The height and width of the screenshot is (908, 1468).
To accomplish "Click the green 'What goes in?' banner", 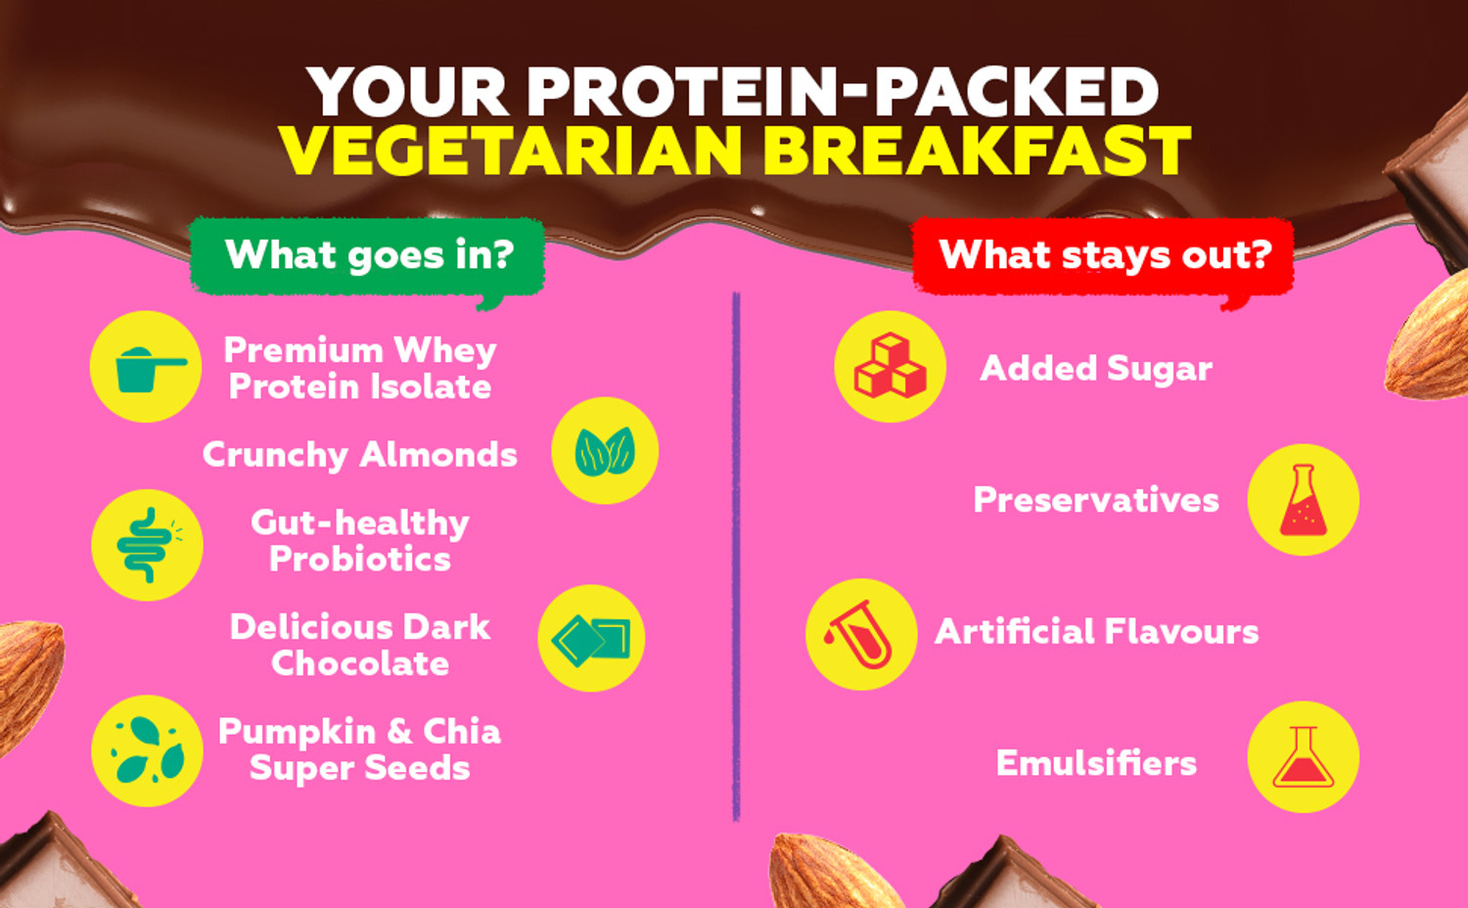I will pyautogui.click(x=368, y=255).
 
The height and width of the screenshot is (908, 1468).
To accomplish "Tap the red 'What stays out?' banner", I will pyautogui.click(x=1104, y=255).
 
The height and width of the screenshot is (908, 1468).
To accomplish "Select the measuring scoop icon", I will pyautogui.click(x=146, y=367).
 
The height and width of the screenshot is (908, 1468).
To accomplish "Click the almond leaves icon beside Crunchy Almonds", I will pyautogui.click(x=605, y=451).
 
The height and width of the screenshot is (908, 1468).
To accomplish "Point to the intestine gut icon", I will pyautogui.click(x=147, y=545).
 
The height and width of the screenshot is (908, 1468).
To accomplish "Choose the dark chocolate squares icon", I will pyautogui.click(x=591, y=639).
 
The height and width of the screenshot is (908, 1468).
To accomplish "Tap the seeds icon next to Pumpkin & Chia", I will pyautogui.click(x=147, y=750).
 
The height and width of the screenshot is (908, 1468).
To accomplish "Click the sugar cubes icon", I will pyautogui.click(x=890, y=367).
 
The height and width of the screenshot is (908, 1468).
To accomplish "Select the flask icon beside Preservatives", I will pyautogui.click(x=1303, y=500).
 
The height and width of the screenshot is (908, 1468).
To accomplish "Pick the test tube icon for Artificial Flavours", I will pyautogui.click(x=860, y=634).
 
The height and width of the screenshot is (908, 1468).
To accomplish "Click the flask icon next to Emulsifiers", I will pyautogui.click(x=1303, y=757).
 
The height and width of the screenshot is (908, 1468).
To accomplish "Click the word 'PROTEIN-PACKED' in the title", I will pyautogui.click(x=843, y=92).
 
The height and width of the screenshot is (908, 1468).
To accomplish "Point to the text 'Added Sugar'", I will pyautogui.click(x=1096, y=369).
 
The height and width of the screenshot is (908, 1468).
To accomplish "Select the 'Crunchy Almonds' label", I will pyautogui.click(x=359, y=455).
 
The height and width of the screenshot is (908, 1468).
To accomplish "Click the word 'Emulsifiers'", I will pyautogui.click(x=1096, y=763).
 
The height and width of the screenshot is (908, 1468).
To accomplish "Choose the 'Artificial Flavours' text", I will pyautogui.click(x=1097, y=632).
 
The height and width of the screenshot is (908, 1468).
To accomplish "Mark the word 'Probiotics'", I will pyautogui.click(x=360, y=560).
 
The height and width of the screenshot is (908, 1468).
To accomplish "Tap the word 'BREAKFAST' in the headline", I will pyautogui.click(x=976, y=151).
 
